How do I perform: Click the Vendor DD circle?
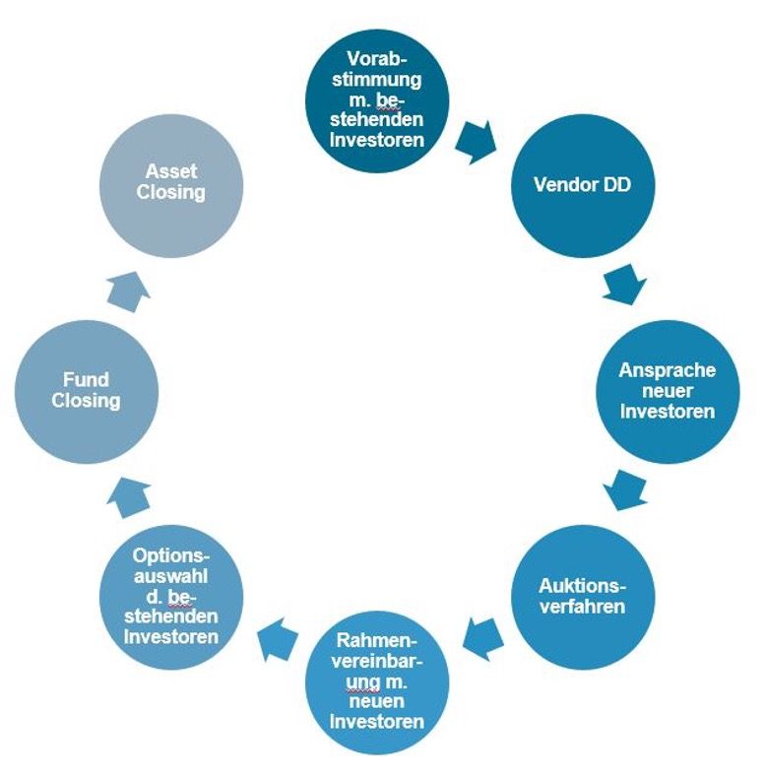click(x=582, y=185)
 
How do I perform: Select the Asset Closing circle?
click(x=171, y=183)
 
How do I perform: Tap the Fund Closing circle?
click(x=87, y=391)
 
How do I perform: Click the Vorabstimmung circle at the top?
click(x=376, y=99)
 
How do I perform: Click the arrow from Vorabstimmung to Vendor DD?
click(x=477, y=142)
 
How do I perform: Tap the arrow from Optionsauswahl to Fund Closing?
click(x=127, y=497)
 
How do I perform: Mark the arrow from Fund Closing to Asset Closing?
click(x=127, y=292)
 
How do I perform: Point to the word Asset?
click(x=171, y=172)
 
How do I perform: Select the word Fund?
click(x=87, y=380)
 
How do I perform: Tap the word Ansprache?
click(x=667, y=371)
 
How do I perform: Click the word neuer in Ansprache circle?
click(x=667, y=391)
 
